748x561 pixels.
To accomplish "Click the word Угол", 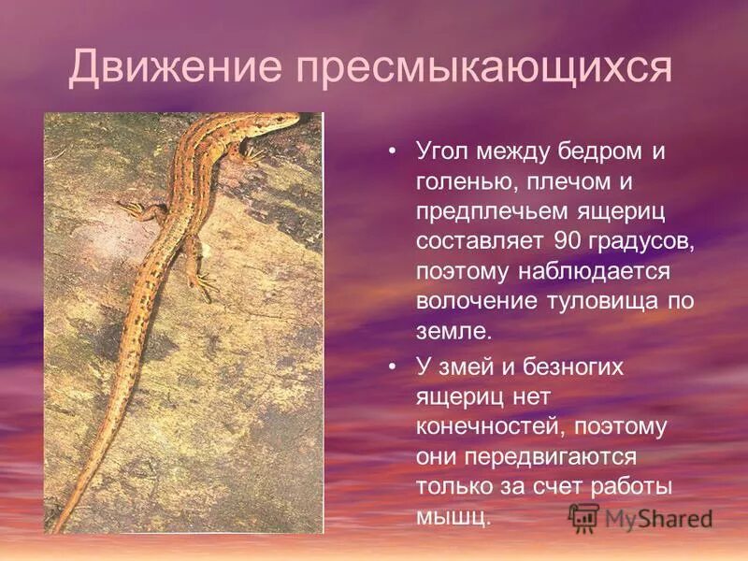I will (x=443, y=152).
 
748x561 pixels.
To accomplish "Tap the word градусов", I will (x=643, y=242).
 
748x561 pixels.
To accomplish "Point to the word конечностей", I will (x=492, y=427).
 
